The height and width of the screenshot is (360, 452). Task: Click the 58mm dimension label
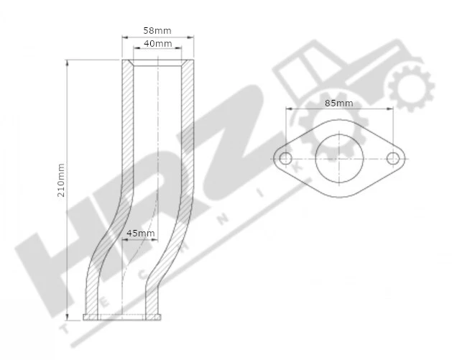tap(157, 32)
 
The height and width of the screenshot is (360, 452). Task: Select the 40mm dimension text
tap(157, 44)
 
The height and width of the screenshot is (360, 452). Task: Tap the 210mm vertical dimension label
tap(61, 180)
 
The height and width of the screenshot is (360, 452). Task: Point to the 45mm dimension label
tap(140, 233)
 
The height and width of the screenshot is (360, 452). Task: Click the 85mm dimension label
tap(338, 103)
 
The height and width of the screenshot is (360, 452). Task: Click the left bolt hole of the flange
tap(285, 158)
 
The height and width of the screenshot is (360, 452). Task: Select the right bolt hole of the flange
tap(393, 158)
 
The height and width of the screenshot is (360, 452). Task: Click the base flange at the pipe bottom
tap(121, 317)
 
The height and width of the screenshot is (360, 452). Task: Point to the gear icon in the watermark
tap(410, 88)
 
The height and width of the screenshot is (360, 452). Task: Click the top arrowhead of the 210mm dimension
tap(68, 63)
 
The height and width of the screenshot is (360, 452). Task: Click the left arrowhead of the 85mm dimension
tap(288, 109)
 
